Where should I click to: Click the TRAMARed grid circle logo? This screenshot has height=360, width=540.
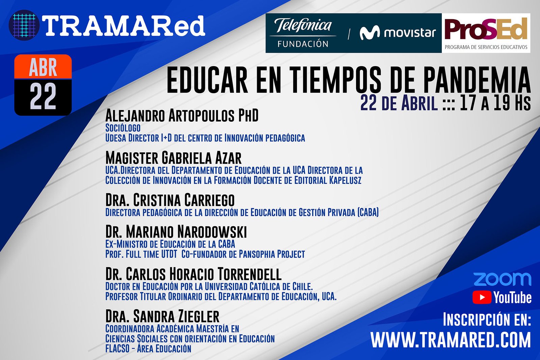(x=24, y=25)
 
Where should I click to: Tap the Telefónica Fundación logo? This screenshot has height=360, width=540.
(x=303, y=33)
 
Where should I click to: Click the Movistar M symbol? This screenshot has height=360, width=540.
(x=370, y=33)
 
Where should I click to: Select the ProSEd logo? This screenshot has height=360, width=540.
(x=486, y=33)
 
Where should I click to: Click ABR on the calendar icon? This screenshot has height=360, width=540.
(x=43, y=67)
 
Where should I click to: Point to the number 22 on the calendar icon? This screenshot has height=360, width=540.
(x=43, y=96)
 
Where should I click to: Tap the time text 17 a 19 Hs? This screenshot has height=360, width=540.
(x=495, y=103)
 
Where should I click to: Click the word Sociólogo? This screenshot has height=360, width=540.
(x=123, y=128)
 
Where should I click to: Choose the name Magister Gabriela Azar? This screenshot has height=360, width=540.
(x=173, y=158)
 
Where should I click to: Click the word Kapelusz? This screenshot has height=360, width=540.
(x=345, y=180)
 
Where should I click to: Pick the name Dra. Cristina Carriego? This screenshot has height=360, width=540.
(x=170, y=200)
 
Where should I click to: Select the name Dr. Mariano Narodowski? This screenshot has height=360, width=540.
(x=176, y=232)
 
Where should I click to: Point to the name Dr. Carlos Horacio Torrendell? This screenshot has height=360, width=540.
(x=193, y=274)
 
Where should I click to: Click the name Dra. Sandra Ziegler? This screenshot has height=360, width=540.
(x=162, y=316)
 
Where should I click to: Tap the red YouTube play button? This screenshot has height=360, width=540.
(x=482, y=297)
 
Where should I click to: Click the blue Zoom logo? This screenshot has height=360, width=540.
(x=502, y=279)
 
